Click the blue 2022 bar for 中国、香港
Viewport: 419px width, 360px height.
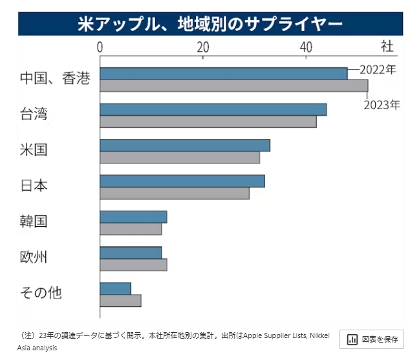[x=223, y=73]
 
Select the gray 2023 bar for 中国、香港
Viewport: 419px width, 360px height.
[x=233, y=85]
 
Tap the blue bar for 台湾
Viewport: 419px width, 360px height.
[x=213, y=109]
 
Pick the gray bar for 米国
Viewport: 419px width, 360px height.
[x=179, y=157]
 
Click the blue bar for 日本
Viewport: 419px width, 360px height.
[x=182, y=181]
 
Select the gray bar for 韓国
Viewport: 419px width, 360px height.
[x=131, y=229]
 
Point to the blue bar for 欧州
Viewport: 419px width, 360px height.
[x=131, y=253]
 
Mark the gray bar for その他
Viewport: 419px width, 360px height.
[x=120, y=301]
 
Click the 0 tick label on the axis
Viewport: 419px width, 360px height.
[x=100, y=47]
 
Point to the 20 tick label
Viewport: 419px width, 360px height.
[x=203, y=47]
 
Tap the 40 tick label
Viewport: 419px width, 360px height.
[x=306, y=47]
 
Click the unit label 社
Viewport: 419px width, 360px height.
[x=387, y=47]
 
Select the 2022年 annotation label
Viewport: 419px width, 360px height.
[x=378, y=69]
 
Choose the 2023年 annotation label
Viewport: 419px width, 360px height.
[x=382, y=105]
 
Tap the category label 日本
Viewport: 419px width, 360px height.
[x=34, y=186]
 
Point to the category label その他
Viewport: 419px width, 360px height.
[x=41, y=293]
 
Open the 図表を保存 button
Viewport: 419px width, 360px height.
[x=372, y=339]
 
